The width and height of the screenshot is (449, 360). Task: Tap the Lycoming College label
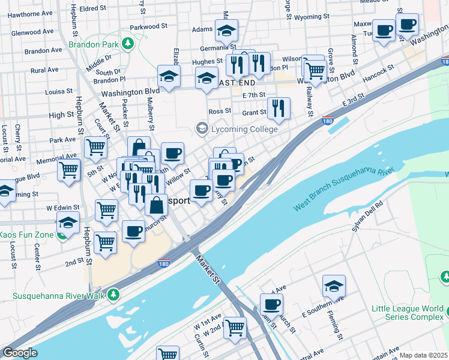243,128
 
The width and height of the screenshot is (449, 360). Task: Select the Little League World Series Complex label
406,313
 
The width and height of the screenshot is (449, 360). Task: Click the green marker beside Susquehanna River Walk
112,295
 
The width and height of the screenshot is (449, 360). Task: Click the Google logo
19,353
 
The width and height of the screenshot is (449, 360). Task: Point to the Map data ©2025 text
423,355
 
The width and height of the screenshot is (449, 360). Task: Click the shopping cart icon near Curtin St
235,327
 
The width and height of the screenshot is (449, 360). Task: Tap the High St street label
61,115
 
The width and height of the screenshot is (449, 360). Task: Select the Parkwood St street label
148,26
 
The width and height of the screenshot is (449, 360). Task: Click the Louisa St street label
59,92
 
